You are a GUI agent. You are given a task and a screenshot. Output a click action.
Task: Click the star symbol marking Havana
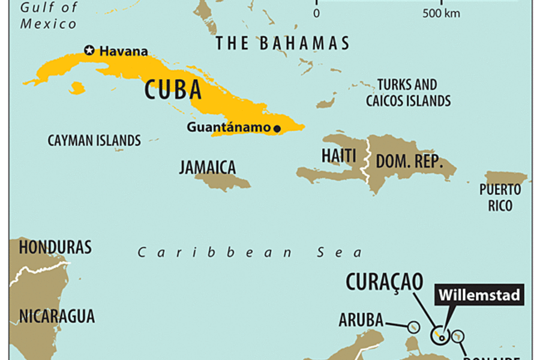[x=89, y=50]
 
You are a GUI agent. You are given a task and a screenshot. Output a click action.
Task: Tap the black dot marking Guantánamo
[x=277, y=128]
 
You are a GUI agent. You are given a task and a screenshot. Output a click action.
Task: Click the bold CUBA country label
[x=173, y=89]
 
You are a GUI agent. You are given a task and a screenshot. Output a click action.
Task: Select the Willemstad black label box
[x=479, y=295]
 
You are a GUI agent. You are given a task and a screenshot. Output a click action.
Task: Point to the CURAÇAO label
[x=385, y=281]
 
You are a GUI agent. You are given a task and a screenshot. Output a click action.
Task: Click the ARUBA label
[x=361, y=320]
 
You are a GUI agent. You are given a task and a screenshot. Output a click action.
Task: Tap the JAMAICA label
[x=208, y=167]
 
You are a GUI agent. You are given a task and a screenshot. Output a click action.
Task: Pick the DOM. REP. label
[x=409, y=161]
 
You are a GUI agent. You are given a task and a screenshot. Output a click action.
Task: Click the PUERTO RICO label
[x=500, y=197]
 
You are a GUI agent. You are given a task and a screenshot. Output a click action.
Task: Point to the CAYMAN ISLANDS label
[x=94, y=141]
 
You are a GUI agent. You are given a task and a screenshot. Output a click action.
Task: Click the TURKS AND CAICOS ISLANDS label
[x=408, y=92]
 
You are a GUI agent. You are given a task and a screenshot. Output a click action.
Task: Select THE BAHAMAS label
[x=282, y=43]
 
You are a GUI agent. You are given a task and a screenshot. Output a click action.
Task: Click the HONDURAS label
[x=55, y=247]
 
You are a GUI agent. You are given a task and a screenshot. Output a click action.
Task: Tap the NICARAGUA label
[x=56, y=316]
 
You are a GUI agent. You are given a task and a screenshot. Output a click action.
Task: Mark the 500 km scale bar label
[x=441, y=13]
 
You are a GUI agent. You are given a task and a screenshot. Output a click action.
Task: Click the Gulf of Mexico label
[x=49, y=16]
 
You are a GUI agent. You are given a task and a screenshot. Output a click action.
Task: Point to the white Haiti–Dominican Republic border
[x=363, y=162]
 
